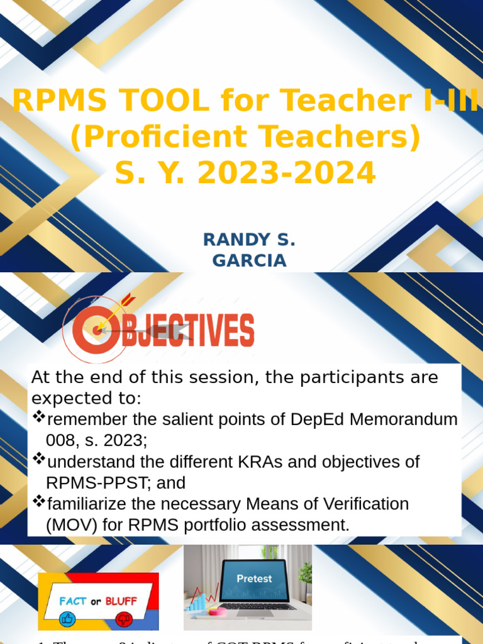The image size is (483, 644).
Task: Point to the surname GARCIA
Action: point(250,260)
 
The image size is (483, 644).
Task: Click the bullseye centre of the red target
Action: point(97,329)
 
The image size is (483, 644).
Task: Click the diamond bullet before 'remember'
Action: point(39,416)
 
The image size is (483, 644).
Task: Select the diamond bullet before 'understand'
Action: point(39,459)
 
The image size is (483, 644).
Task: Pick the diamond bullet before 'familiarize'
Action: point(39,501)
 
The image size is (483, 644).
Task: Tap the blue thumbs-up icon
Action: point(67,620)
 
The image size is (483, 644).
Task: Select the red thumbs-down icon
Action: point(121,620)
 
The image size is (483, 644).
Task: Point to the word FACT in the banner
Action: point(73,601)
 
